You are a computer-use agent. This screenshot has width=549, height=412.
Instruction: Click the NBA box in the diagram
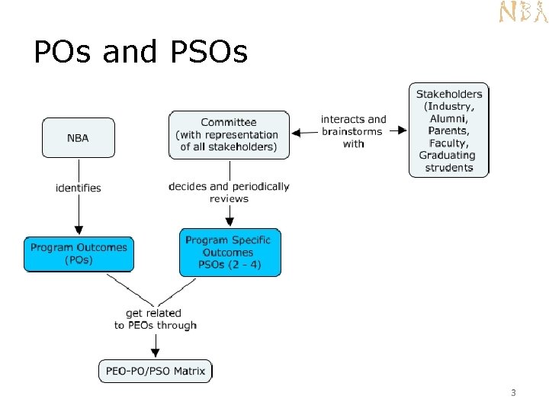pos(78,137)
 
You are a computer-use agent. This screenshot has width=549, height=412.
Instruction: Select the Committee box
pos(229,134)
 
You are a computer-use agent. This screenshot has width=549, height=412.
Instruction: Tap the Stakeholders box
pos(449,130)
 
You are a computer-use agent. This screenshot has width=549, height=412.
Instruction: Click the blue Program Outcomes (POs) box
pos(79,253)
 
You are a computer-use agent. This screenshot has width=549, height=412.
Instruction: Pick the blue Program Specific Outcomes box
pos(229,253)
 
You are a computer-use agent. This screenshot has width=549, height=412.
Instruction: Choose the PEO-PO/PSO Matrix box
pos(156,372)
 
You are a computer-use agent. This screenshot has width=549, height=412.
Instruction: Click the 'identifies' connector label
pos(78,187)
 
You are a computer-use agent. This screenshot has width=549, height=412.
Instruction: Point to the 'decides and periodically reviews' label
pos(229,192)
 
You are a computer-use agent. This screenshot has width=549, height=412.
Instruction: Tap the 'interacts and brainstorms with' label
pos(354,131)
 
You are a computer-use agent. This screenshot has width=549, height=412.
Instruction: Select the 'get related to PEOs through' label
pos(156,319)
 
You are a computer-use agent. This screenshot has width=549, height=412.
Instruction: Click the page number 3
pos(513,393)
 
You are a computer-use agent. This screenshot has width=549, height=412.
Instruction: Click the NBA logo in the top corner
pos(523,12)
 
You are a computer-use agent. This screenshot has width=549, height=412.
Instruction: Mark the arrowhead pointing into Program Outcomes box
pos(78,230)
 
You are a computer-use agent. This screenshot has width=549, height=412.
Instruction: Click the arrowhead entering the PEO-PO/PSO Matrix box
pos(156,353)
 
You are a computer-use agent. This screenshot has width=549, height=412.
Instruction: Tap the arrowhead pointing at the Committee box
pos(296,131)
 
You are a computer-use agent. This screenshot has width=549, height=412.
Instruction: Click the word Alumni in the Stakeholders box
pos(449,118)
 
